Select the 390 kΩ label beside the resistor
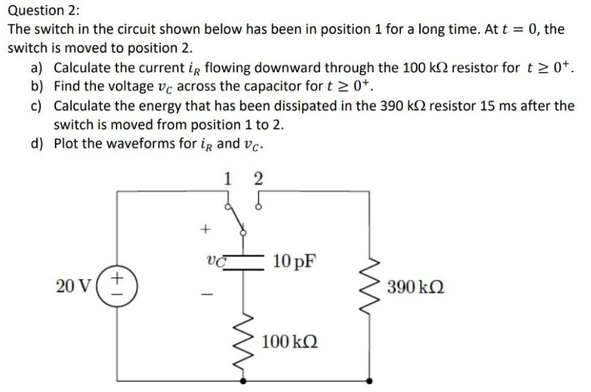tap(416, 289)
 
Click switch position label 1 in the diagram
tap(228, 178)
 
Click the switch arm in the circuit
tap(238, 220)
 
